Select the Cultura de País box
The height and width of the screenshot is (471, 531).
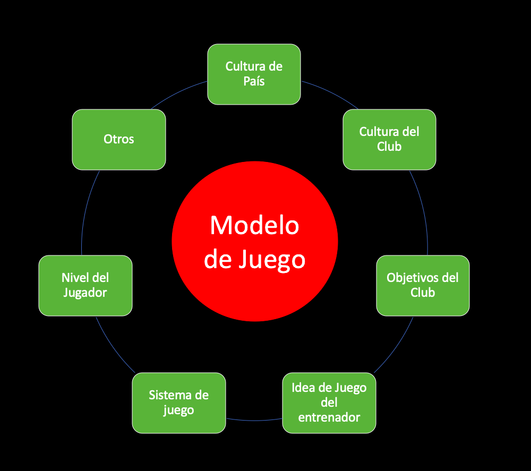tap(254, 74)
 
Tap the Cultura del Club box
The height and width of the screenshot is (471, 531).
tap(389, 139)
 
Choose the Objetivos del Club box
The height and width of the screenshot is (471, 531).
tap(423, 285)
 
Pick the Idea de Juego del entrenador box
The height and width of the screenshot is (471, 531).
tap(329, 403)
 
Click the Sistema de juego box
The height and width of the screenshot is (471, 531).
tap(178, 403)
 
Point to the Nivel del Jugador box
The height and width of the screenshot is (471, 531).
tap(85, 285)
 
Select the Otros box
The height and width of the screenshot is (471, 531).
tap(118, 139)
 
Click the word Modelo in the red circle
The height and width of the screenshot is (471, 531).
tap(254, 225)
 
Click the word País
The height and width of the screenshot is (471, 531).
tap(254, 82)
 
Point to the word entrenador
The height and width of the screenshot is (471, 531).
tap(329, 417)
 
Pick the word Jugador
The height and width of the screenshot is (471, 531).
tap(85, 293)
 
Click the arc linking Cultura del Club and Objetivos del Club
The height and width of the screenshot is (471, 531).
tap(424, 212)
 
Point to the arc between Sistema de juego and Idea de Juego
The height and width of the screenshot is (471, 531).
tap(254, 421)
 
